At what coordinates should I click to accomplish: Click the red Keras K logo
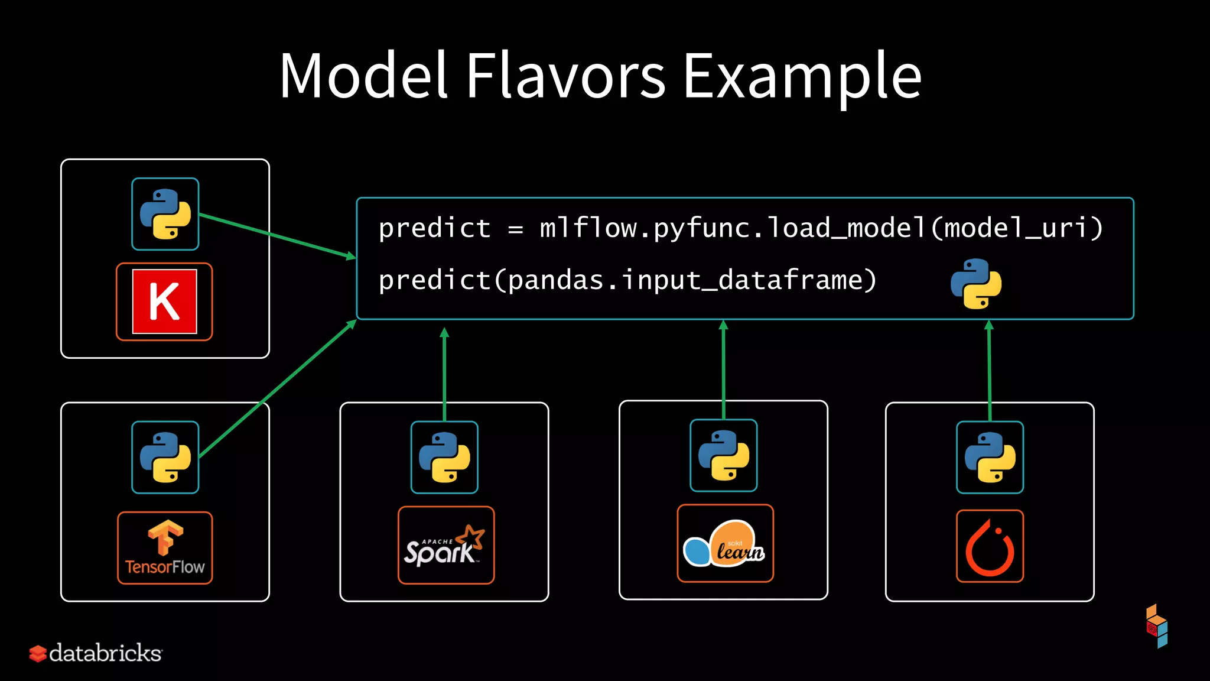pos(164,301)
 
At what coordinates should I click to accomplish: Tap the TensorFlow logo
pos(165,548)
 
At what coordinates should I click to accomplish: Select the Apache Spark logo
pos(446,545)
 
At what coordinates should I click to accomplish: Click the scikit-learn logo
pos(725,543)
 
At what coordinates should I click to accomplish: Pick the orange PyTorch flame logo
pos(990,546)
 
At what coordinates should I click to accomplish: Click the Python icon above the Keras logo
pos(165,214)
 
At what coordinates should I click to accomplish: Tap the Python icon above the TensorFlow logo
pos(165,457)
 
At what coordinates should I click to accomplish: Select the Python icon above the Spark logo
pos(444,457)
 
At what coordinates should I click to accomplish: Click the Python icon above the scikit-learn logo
pos(724,455)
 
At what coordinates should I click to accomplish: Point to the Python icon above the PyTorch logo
pos(990,457)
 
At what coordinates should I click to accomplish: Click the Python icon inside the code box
pos(976,284)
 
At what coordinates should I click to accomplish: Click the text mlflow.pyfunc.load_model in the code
pos(733,228)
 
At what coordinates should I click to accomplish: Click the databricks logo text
pos(105,653)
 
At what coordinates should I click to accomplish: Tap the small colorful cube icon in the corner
pos(1157,626)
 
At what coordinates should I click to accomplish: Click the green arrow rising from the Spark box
pos(444,372)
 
